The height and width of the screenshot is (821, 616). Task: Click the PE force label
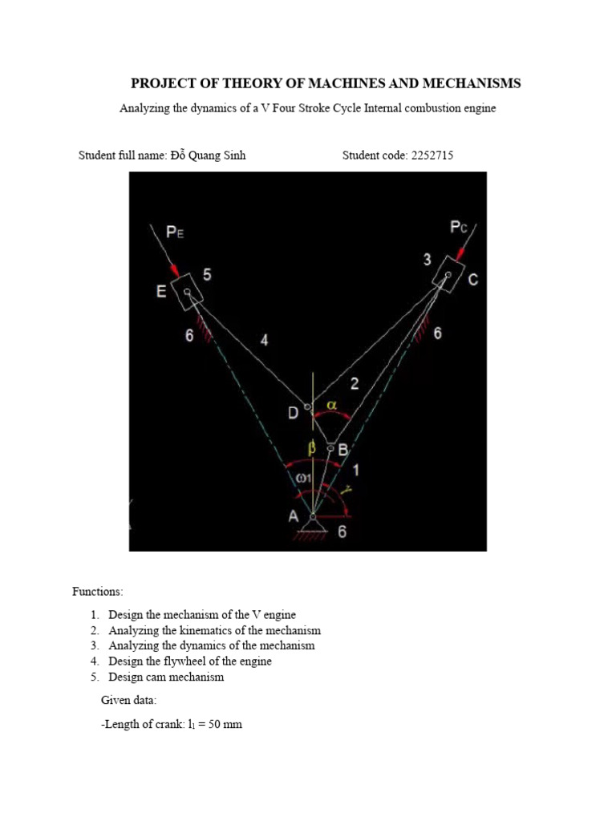[176, 233]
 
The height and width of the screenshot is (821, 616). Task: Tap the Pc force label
[459, 228]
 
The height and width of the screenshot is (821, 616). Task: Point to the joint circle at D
[307, 406]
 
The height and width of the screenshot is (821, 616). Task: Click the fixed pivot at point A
[313, 518]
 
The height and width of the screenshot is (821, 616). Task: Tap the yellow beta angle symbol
[313, 447]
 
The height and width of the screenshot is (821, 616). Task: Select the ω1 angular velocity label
[302, 478]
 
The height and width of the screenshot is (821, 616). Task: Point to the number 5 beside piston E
[207, 275]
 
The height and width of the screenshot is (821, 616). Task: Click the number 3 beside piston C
[428, 260]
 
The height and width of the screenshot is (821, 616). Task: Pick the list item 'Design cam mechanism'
[166, 677]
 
